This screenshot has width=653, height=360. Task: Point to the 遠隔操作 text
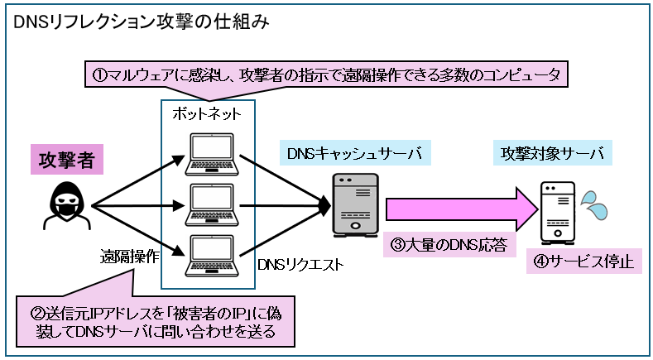(x=130, y=257)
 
